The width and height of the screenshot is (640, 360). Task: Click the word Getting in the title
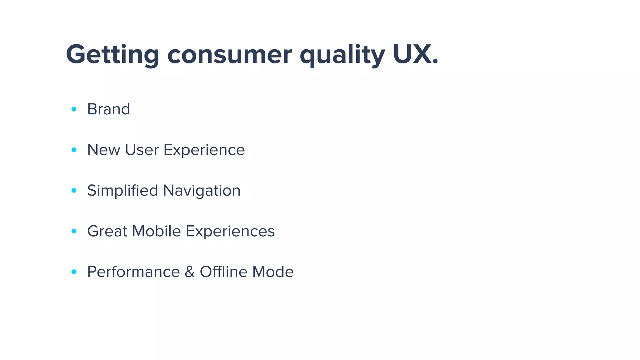click(x=112, y=55)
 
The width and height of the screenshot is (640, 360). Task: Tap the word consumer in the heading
click(x=230, y=55)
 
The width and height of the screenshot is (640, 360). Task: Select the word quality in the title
click(x=342, y=55)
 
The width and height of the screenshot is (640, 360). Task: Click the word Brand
click(x=108, y=109)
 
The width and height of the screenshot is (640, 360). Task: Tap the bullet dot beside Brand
click(x=74, y=109)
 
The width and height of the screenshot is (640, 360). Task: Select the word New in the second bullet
click(x=103, y=150)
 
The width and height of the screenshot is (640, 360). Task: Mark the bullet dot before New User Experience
click(x=74, y=150)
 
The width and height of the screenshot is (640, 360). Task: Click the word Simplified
click(x=122, y=191)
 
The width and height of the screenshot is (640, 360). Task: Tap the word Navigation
click(x=202, y=191)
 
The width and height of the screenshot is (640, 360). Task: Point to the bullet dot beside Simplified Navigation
click(x=74, y=190)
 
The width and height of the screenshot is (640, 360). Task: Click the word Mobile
click(x=156, y=231)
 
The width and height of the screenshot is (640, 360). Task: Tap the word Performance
click(x=133, y=272)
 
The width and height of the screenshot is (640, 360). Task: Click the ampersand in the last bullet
click(x=190, y=272)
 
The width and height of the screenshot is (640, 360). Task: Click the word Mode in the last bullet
click(x=273, y=272)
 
